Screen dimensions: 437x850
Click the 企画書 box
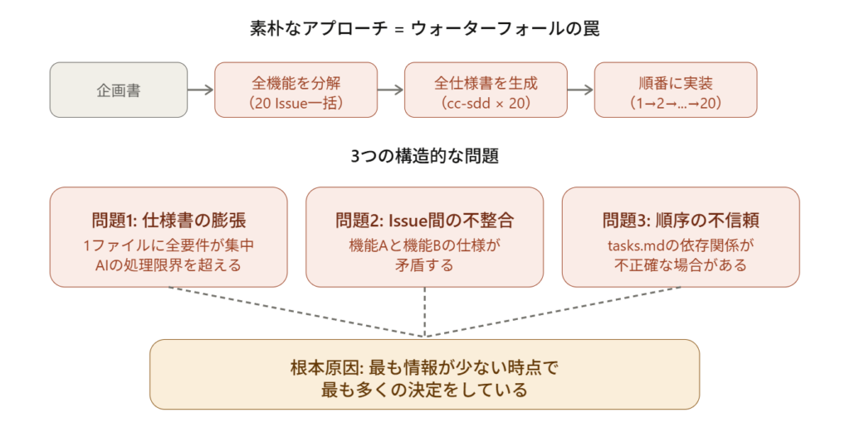click(119, 90)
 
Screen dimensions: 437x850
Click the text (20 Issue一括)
click(296, 103)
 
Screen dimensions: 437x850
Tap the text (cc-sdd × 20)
click(486, 103)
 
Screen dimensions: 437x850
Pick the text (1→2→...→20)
click(675, 103)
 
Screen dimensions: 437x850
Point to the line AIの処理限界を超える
click(169, 265)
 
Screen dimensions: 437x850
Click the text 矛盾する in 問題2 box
click(425, 265)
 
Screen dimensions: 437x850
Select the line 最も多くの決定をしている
click(424, 389)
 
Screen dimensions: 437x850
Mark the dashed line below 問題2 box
click(425, 311)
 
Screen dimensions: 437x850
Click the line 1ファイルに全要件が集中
click(169, 245)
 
